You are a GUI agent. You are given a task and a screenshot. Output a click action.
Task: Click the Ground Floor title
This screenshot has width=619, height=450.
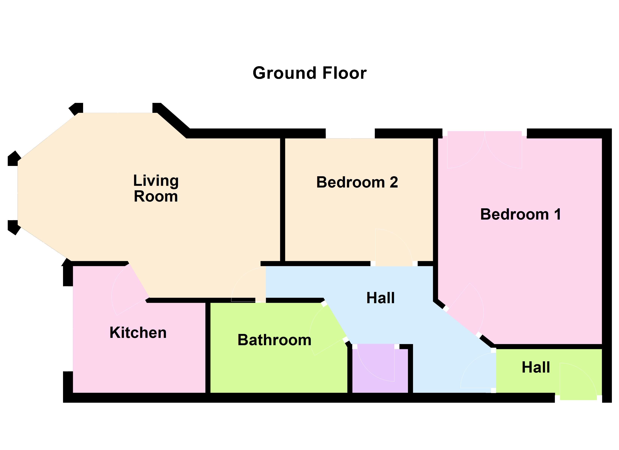(x=309, y=73)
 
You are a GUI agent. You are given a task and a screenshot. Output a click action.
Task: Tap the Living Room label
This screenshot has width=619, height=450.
(x=156, y=188)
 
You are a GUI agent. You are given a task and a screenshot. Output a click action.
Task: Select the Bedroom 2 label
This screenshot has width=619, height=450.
(x=357, y=182)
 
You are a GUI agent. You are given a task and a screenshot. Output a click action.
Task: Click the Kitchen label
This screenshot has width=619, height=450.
(x=138, y=332)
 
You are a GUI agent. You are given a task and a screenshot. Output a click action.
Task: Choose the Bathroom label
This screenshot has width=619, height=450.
(x=274, y=340)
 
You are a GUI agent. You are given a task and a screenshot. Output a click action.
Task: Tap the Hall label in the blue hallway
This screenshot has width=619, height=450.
(x=380, y=298)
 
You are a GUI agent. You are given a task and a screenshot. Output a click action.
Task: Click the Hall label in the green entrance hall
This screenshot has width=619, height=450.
(x=536, y=367)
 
